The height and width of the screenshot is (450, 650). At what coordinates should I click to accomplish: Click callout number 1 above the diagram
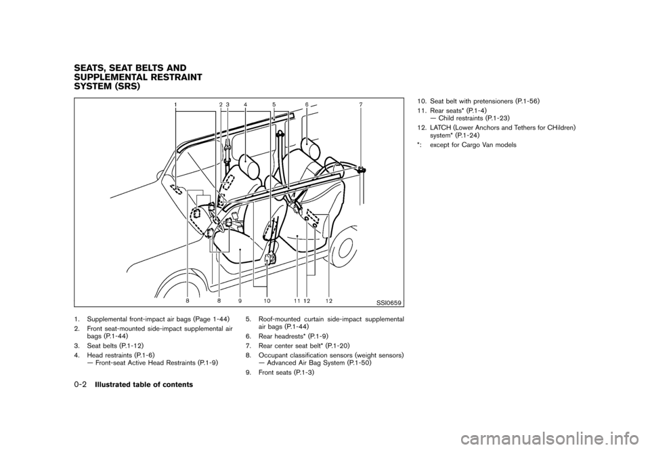pyautogui.click(x=176, y=105)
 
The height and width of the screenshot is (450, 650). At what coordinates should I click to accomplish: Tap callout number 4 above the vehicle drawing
pyautogui.click(x=245, y=105)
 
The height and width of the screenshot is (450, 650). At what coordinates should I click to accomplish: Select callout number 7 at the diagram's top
pyautogui.click(x=361, y=105)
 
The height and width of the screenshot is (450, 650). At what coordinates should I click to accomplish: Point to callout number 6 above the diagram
pyautogui.click(x=306, y=105)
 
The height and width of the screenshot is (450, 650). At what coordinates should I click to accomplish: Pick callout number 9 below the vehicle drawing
pyautogui.click(x=240, y=300)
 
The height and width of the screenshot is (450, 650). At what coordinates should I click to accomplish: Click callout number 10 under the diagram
pyautogui.click(x=266, y=300)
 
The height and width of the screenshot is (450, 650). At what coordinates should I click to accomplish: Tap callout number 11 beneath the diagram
pyautogui.click(x=297, y=300)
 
